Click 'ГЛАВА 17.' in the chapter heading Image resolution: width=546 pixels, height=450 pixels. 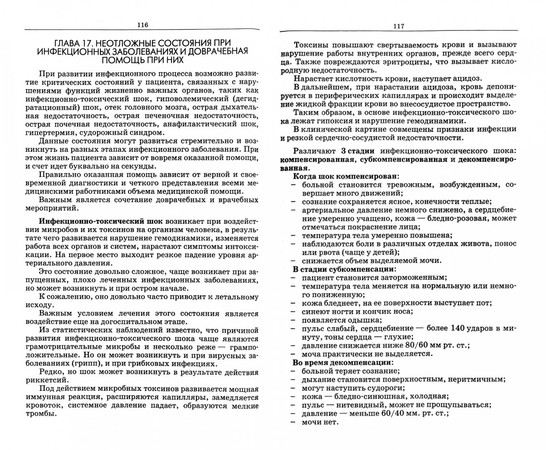tap(72, 43)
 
